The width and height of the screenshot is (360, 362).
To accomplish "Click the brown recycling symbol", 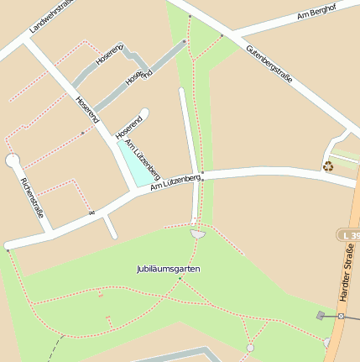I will [328, 165].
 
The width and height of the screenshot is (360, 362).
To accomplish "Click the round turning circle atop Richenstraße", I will [12, 160].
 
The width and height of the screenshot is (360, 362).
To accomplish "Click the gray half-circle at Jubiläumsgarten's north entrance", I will [197, 233].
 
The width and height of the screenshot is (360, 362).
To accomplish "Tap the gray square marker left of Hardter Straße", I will [320, 315].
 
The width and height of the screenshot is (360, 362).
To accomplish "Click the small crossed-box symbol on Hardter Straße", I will [341, 316].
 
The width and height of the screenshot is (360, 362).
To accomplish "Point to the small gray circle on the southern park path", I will [250, 348].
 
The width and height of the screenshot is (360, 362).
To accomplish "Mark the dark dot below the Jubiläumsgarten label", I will [180, 279].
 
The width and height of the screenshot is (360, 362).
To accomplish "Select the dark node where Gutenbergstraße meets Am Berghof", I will [222, 35].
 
